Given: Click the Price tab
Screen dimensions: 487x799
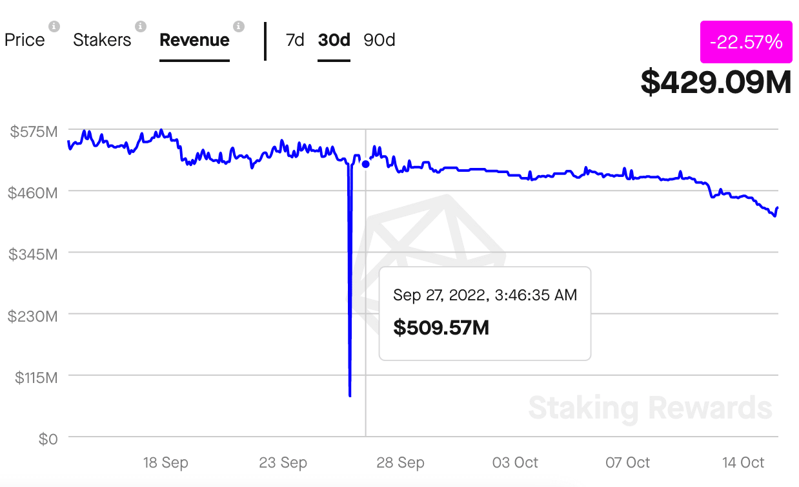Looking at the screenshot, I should coord(25,40).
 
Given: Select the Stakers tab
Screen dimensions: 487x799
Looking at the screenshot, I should coord(102,40).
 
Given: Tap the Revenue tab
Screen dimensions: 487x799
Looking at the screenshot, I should coord(194,40).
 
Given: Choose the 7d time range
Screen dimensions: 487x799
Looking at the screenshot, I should coord(294,40).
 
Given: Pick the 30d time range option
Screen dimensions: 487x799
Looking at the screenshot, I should coord(334,40).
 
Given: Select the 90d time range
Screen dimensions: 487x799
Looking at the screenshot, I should coord(379,40).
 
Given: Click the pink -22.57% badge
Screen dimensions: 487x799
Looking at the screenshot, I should coord(745,42).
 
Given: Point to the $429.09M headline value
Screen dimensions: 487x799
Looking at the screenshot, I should coord(716,82).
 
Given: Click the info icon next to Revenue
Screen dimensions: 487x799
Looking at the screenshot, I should coord(239,26).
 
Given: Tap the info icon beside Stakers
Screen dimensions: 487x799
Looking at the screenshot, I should coord(140,26).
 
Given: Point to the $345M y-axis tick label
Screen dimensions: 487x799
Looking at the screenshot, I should coord(34,254).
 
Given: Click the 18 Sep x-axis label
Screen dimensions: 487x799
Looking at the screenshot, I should coord(165,462).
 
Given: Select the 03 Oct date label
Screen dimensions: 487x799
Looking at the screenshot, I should coord(515,462).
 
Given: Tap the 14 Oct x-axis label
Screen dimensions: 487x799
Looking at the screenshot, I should coord(743,462).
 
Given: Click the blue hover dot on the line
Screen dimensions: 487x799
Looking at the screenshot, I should coord(366,164).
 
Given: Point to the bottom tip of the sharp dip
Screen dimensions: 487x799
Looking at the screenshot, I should coord(350,395).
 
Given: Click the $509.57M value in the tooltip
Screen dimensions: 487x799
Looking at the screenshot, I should coord(441,327).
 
